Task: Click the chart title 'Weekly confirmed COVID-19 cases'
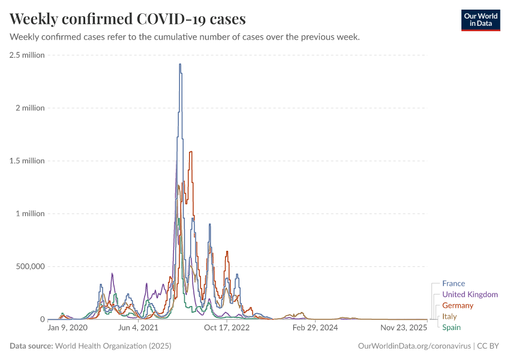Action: point(127,19)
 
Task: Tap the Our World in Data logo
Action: point(480,20)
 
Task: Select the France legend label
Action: point(453,283)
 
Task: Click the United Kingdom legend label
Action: point(470,295)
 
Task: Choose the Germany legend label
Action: point(458,305)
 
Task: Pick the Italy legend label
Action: point(449,316)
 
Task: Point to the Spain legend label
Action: point(452,327)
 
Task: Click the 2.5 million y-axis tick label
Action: point(27,55)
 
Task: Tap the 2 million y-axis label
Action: point(30,108)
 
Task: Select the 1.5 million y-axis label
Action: point(27,161)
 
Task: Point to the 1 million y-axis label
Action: point(30,214)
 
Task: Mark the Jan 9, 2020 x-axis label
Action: point(68,328)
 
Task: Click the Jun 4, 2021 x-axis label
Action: point(138,328)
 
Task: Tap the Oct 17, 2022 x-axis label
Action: point(227,328)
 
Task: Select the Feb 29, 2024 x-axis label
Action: point(316,328)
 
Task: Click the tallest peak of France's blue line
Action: point(180,64)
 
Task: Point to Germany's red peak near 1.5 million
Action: point(190,152)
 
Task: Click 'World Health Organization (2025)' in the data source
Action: point(113,346)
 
